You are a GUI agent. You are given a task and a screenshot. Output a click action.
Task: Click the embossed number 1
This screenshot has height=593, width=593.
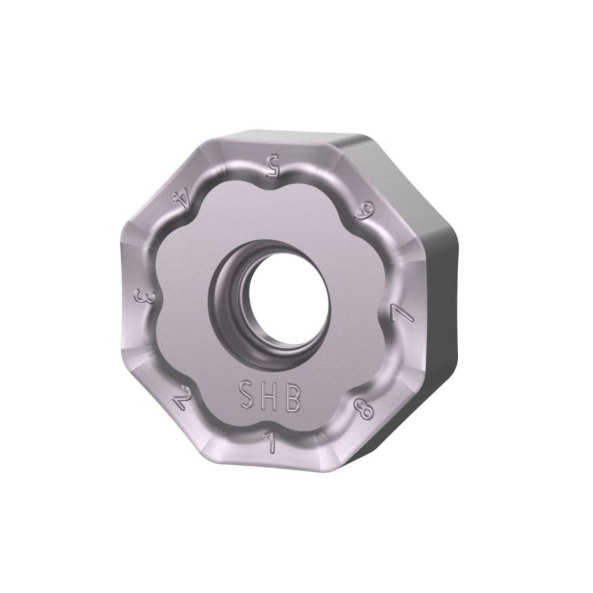pos(271,444)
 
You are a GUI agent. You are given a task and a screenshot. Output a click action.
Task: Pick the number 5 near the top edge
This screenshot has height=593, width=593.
pos(272,165)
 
